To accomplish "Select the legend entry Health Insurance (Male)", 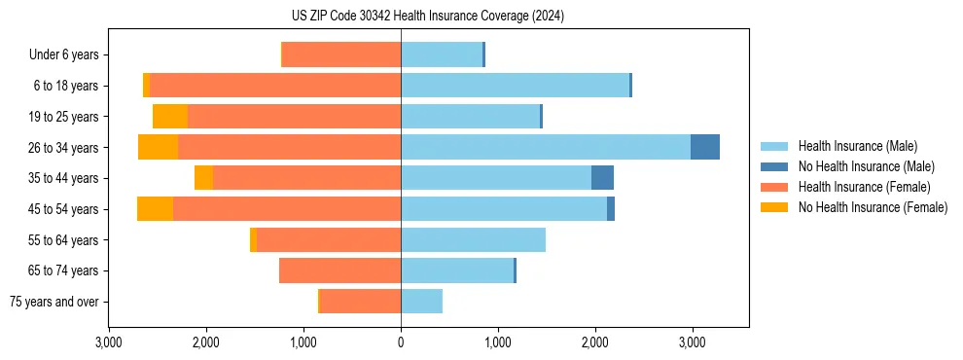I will [857, 146].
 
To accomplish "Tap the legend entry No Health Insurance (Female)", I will [873, 207].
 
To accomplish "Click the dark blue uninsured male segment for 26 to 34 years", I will [705, 147].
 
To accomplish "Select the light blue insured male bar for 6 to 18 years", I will [515, 85].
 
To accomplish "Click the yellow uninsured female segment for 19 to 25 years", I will [170, 116].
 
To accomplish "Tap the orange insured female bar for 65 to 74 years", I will [339, 270].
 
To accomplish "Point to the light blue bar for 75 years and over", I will [421, 302].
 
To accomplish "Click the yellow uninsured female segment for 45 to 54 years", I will [155, 209].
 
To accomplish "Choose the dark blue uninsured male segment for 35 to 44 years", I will [602, 178].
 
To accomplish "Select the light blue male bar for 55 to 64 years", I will [473, 239].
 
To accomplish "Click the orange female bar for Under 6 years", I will [341, 54].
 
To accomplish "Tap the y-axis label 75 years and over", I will [53, 302].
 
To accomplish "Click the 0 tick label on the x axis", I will [401, 342].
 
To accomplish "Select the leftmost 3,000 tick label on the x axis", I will [109, 342].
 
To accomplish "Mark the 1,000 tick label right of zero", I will [497, 342].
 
